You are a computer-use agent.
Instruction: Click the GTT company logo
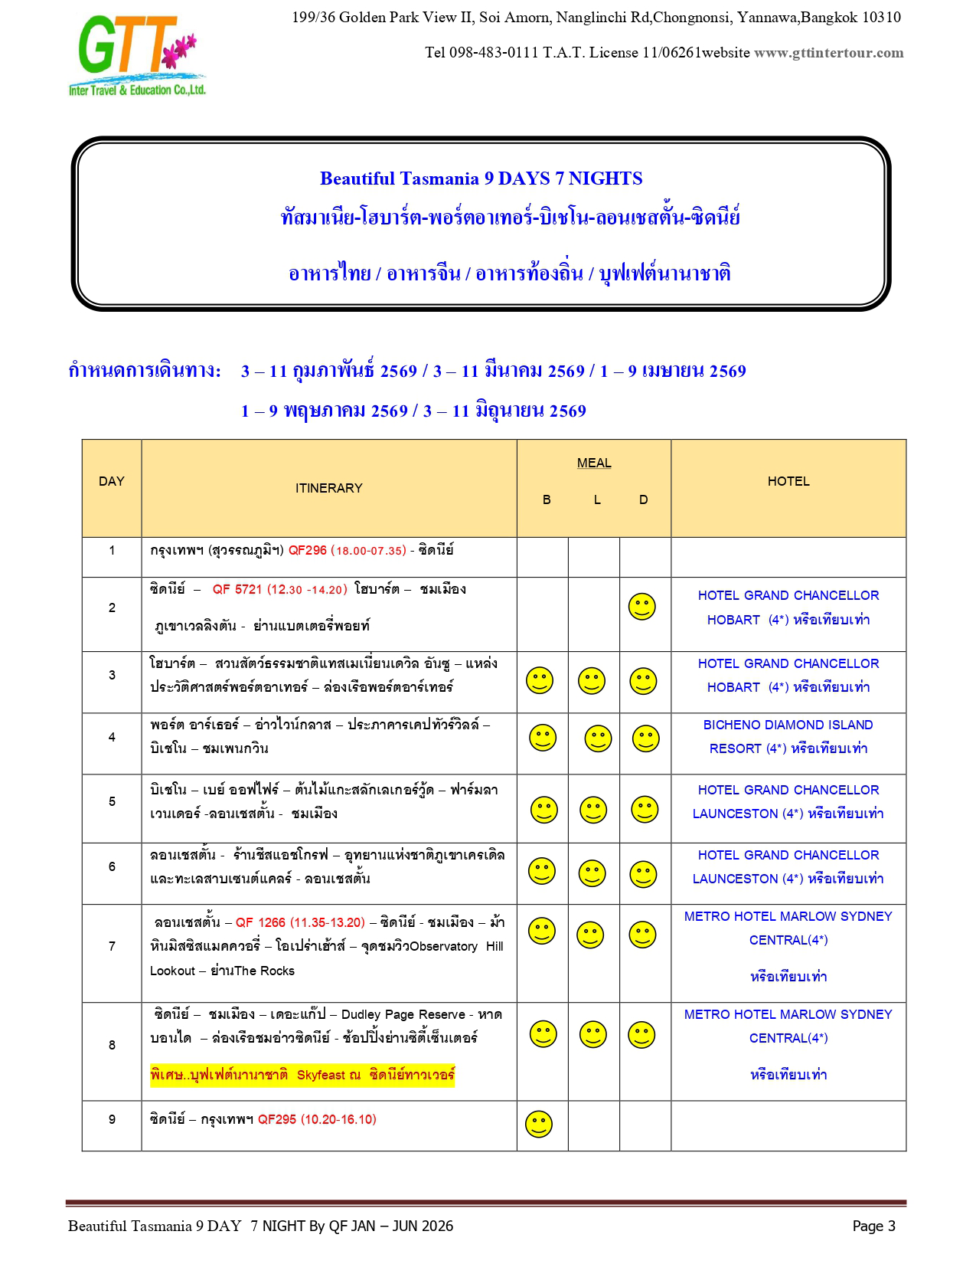tap(138, 56)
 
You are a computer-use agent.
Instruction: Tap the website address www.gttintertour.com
tap(828, 53)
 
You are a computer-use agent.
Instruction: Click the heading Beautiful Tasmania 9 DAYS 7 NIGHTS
tap(481, 178)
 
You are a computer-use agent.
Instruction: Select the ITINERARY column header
tap(328, 488)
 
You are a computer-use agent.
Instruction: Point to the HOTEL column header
tap(788, 481)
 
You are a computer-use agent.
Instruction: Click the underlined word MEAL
tap(594, 463)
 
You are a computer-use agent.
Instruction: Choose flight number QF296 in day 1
tap(307, 550)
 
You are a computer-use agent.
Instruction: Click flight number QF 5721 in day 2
tap(237, 589)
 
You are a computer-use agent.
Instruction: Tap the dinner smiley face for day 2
tap(641, 607)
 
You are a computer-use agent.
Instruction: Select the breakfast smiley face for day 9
tap(539, 1124)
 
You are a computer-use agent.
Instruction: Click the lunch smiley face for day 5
tap(592, 810)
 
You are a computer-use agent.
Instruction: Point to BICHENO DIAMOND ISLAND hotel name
tap(788, 725)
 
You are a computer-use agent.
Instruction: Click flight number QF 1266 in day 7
tap(260, 922)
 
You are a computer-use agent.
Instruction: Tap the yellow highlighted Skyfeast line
tap(302, 1075)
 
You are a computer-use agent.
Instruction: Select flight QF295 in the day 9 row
tap(276, 1119)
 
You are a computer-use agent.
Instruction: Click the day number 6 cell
tap(112, 866)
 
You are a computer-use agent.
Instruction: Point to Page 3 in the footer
tap(873, 1226)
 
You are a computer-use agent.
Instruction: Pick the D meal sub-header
tap(643, 499)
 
